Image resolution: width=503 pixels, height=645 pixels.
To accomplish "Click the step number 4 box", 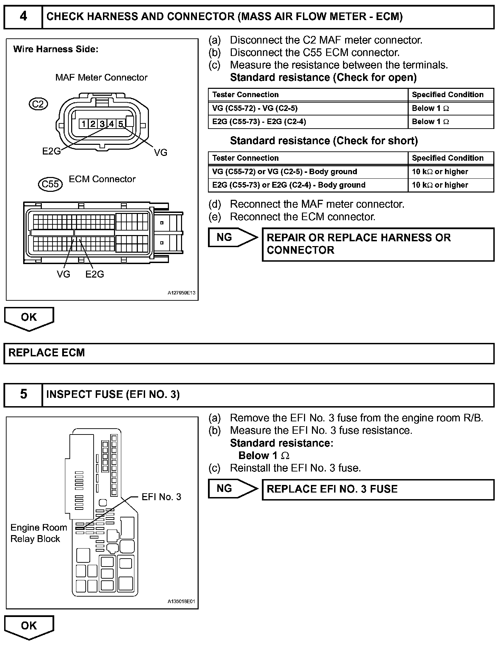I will coord(23,17).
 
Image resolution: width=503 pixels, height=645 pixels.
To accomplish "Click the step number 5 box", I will coord(23,394).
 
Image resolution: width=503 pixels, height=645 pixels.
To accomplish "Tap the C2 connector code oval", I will coord(38,104).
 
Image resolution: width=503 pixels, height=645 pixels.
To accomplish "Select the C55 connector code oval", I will coord(50,184).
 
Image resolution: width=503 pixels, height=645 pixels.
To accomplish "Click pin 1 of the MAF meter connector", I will coord(84,124).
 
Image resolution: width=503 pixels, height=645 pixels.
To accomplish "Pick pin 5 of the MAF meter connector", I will coord(120,124).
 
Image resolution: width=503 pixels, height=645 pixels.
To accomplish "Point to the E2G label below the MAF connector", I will coord(51,151).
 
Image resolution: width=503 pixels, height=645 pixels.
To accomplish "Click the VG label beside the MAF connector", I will coord(161,152).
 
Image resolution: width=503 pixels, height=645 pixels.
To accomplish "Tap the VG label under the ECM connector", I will coord(64,274).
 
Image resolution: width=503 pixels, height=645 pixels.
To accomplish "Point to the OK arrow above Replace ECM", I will coord(29,318).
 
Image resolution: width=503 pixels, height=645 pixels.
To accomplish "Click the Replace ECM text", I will coord(47,353).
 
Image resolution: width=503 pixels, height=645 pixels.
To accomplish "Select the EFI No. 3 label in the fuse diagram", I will coord(161,497).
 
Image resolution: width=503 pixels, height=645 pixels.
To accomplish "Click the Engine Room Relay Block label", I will coord(38,533).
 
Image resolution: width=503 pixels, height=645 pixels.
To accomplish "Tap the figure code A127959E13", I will coord(181,293).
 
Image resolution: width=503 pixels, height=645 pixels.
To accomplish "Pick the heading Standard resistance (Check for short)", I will coord(324,141).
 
